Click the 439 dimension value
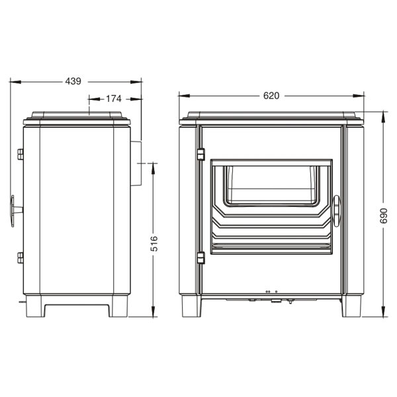point(73,81)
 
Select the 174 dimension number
point(114,99)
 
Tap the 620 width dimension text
point(271,95)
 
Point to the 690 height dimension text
point(384,216)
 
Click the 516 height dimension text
point(154,243)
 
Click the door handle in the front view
point(337,211)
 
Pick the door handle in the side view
point(16,211)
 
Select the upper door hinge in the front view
point(200,154)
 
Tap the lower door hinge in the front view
point(200,258)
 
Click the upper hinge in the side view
point(21,154)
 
